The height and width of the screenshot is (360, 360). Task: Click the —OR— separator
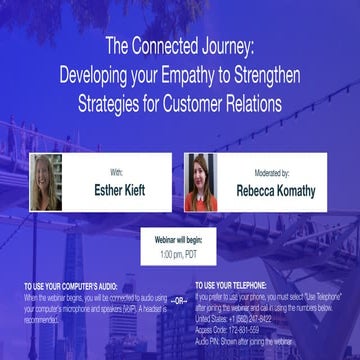[x=178, y=299]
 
